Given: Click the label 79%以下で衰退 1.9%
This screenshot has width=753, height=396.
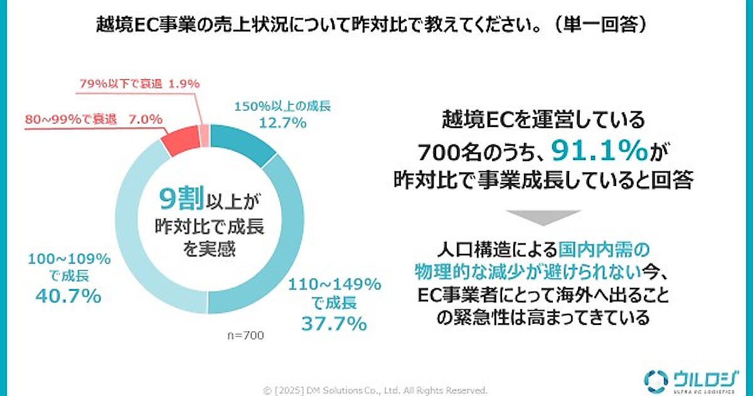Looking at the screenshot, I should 139,83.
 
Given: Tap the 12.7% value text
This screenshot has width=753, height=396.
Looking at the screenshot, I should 283,123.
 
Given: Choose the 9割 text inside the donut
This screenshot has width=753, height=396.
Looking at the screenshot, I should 180,200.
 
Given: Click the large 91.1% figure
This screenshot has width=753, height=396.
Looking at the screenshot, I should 599,151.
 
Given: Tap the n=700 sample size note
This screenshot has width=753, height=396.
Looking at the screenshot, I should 245,336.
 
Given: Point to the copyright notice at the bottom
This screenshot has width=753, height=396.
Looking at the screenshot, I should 376,390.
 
